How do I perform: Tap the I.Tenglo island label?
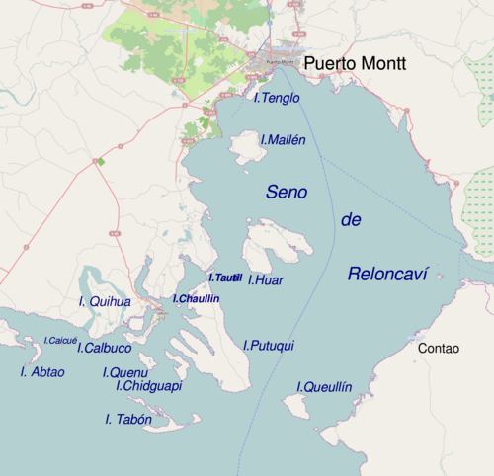pyautogui.click(x=277, y=98)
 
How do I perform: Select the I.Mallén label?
pyautogui.click(x=283, y=140)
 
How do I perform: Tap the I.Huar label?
pyautogui.click(x=266, y=280)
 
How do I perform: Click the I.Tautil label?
pyautogui.click(x=225, y=278)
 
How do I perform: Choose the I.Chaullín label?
pyautogui.click(x=196, y=298)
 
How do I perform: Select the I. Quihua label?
pyautogui.click(x=104, y=301)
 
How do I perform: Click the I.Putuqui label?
pyautogui.click(x=269, y=345)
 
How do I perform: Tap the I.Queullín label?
pyautogui.click(x=324, y=387)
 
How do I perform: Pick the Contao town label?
pyautogui.click(x=439, y=349)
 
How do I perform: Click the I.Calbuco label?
pyautogui.click(x=105, y=348)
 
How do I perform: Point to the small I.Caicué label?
pyautogui.click(x=60, y=340)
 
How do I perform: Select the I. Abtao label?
pyautogui.click(x=42, y=372)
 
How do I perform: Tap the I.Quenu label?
pyautogui.click(x=125, y=372)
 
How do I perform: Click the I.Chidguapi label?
pyautogui.click(x=148, y=386)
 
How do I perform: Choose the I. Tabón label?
pyautogui.click(x=128, y=420)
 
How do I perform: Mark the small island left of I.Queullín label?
pyautogui.click(x=294, y=405)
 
